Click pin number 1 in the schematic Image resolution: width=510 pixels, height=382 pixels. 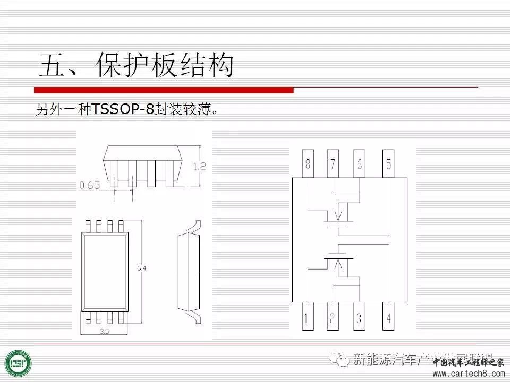point(306,318)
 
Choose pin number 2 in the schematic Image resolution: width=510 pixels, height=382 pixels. point(333,318)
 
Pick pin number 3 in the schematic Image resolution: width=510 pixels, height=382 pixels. point(359,318)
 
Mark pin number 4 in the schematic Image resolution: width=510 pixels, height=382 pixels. point(389,318)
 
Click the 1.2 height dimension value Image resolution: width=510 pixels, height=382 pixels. point(199,166)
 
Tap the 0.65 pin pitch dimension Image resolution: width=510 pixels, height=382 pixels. point(89,185)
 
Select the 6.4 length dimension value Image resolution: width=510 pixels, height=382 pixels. point(141,268)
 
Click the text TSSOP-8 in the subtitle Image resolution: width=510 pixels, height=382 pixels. point(123,109)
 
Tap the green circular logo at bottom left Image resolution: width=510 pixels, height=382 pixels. point(18,363)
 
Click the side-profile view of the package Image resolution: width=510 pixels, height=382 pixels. point(190,271)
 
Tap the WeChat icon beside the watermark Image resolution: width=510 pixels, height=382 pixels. point(339,359)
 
